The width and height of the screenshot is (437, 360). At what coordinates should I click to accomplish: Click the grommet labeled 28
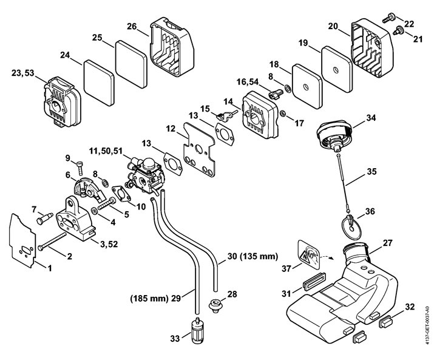[x=216, y=306]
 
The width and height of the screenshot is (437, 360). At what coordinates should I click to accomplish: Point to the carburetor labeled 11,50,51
[x=145, y=175]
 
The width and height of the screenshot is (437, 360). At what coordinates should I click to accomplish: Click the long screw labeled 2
[x=52, y=242]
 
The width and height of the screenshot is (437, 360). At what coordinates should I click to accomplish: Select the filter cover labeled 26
[x=172, y=47]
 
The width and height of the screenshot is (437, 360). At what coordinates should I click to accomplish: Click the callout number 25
[x=97, y=38]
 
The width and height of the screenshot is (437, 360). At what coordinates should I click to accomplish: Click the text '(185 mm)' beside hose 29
[x=149, y=298]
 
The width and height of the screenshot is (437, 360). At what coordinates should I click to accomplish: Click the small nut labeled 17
[x=283, y=114]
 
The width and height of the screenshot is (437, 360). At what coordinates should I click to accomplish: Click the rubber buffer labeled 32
[x=386, y=322]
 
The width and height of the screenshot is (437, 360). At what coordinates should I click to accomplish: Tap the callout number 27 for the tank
[x=387, y=243]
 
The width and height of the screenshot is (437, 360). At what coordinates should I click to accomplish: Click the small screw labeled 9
[x=80, y=168]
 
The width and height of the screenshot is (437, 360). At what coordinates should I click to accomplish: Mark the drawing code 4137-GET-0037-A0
[x=427, y=325]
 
